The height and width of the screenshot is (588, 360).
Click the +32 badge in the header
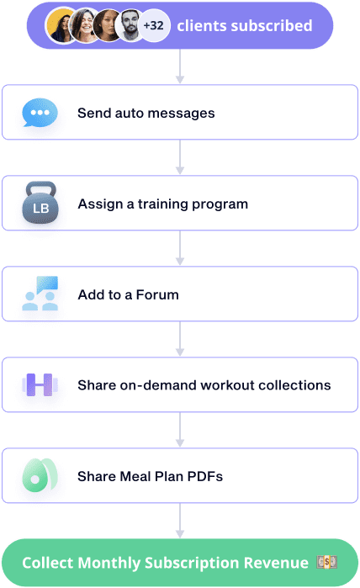[x=154, y=25]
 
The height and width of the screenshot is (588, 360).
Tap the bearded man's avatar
[x=130, y=25]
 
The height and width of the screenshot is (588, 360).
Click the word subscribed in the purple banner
[x=272, y=26]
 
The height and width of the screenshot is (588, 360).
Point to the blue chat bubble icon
[x=40, y=113]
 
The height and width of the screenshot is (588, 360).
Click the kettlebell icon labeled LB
[x=40, y=203]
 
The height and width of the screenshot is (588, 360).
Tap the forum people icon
[x=40, y=294]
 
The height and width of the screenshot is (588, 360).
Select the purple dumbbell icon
[x=40, y=384]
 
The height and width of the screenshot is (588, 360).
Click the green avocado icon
[x=40, y=475]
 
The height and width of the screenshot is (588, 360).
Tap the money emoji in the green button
[x=326, y=562]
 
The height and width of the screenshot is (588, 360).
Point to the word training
[x=162, y=204]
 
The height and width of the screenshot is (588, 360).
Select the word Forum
[x=157, y=294]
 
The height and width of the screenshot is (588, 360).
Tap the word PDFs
[x=204, y=477]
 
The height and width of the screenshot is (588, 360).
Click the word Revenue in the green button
[x=276, y=563]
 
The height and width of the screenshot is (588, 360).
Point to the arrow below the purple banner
[x=180, y=66]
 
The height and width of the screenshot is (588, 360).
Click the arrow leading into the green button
[x=180, y=521]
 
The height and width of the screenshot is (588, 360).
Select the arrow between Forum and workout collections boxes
[x=180, y=339]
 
